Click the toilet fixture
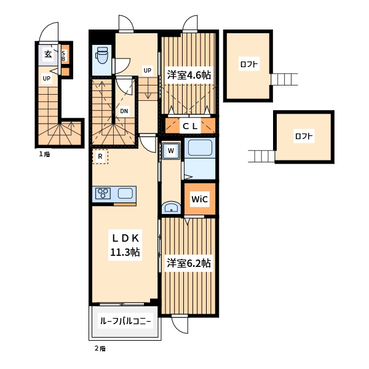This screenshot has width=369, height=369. [x=101, y=55]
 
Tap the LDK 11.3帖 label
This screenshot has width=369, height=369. [x=125, y=245]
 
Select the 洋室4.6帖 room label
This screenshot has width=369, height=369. [x=189, y=75]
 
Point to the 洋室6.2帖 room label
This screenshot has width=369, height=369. [x=189, y=263]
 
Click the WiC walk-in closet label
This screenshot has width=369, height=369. [x=199, y=199]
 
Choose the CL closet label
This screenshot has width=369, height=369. [x=190, y=126]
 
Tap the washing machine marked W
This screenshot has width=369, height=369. [x=171, y=151]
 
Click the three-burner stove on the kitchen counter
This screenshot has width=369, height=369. [x=103, y=194]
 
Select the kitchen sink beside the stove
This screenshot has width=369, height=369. [x=125, y=194]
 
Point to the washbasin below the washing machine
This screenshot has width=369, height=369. [x=171, y=208]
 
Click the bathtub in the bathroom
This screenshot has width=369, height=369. [x=200, y=148]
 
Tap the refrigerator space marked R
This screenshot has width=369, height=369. [x=100, y=156]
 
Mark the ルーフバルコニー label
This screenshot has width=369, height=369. [x=125, y=321]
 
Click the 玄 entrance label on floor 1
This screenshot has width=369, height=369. [x=48, y=54]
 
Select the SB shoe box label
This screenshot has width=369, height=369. [x=63, y=56]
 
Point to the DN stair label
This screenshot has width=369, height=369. [x=124, y=111]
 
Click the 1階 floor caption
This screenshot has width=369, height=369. [x=44, y=154]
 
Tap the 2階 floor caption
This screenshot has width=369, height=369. [x=100, y=349]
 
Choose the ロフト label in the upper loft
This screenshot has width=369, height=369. [x=249, y=64]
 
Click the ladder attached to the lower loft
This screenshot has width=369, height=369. [x=261, y=156]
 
